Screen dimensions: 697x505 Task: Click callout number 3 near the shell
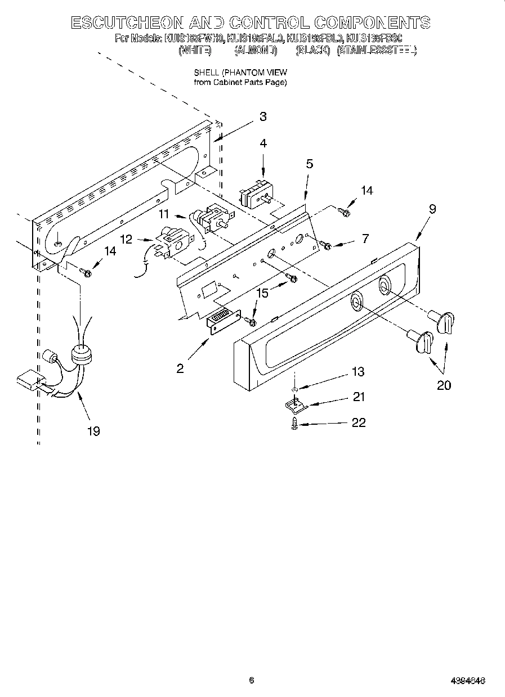[x=262, y=116]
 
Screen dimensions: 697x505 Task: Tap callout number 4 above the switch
[x=263, y=143]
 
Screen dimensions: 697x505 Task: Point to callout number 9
[x=432, y=209]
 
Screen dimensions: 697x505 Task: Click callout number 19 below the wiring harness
[x=93, y=431]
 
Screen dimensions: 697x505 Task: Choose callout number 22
[x=359, y=422]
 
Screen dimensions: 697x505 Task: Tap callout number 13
[x=357, y=372]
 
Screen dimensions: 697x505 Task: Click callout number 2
[x=180, y=368]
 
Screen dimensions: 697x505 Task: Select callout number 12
[x=126, y=239]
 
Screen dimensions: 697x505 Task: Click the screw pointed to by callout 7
[x=325, y=245]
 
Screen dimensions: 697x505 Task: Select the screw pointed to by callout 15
[x=291, y=277]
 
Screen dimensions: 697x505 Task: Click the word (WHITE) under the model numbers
[x=195, y=51]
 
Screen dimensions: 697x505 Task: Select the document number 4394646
[x=468, y=680]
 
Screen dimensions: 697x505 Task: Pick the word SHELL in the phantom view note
[x=206, y=73]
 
